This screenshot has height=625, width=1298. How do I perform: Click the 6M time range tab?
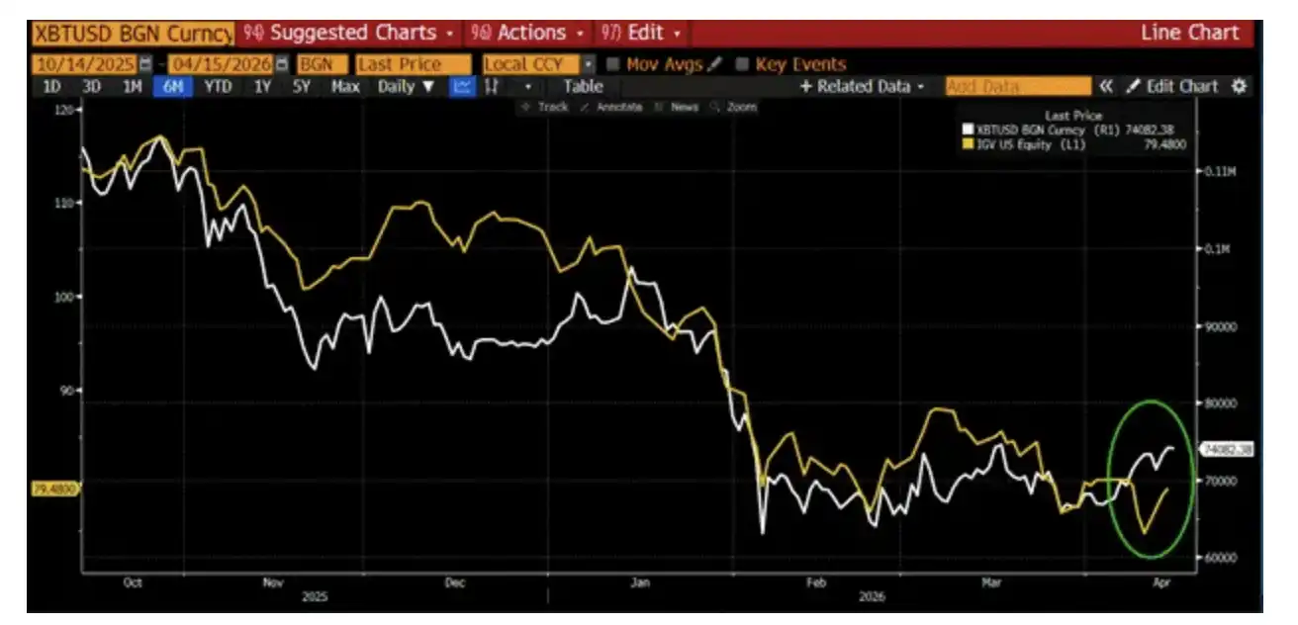coord(173,86)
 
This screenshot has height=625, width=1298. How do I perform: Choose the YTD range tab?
coord(218,86)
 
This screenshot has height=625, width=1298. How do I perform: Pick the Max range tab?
coord(345,86)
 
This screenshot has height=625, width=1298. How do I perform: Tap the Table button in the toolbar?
coord(583,86)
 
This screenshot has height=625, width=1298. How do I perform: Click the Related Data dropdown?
coord(862,86)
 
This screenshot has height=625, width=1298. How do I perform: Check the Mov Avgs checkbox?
coord(613,64)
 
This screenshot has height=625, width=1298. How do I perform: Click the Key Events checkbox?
coord(743,64)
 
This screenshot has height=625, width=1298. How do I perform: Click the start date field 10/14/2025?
coord(85,64)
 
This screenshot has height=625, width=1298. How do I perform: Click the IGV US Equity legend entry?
coord(1029,144)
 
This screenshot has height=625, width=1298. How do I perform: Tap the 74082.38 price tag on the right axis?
coord(1227,449)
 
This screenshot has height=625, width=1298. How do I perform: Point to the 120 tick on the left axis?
coord(66,110)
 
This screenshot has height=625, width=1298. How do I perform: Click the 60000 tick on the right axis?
coord(1219,557)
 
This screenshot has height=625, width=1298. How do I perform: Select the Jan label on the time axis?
coord(640,583)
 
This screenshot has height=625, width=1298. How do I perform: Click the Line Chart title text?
coord(1189,33)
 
